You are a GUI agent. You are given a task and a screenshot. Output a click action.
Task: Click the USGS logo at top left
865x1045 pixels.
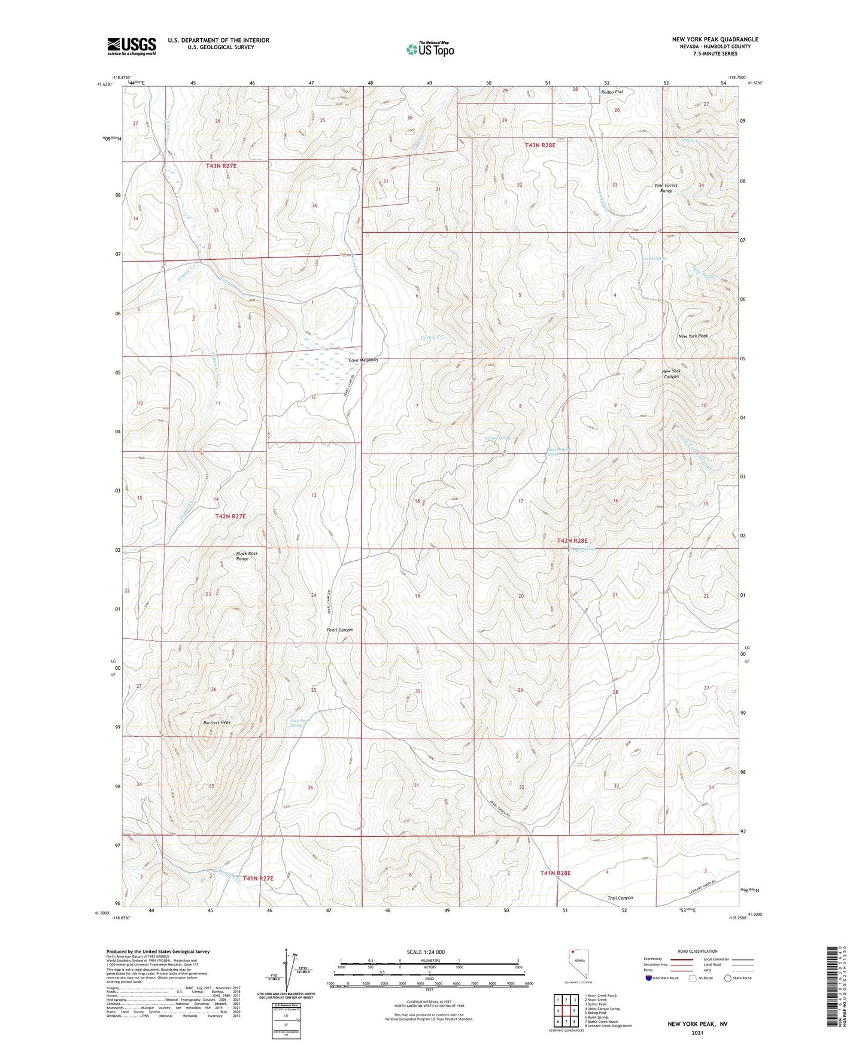132,46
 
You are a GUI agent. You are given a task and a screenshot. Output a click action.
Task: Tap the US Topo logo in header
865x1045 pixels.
430,49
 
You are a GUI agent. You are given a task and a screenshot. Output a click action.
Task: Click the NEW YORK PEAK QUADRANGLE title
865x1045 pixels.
715,40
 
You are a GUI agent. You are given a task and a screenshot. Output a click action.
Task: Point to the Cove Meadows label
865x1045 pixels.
363,360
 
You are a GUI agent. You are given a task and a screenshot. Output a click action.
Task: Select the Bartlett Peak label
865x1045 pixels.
216,722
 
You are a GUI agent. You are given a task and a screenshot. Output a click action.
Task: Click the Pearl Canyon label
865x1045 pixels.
339,630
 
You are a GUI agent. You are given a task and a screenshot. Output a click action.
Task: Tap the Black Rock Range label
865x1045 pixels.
246,556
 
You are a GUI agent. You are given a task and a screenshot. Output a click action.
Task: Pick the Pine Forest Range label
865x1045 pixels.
666,188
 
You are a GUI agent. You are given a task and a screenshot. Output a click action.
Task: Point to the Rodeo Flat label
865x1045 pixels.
612,92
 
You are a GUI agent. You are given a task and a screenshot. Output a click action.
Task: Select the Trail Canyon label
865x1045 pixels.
620,898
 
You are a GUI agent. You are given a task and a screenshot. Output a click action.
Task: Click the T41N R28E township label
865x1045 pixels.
556,873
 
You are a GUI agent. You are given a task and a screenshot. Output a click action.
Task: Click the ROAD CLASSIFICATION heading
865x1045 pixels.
697,951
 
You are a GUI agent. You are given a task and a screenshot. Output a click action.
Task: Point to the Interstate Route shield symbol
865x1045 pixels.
649,978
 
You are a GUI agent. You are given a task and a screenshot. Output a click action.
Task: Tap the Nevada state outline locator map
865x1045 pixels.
575,964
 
